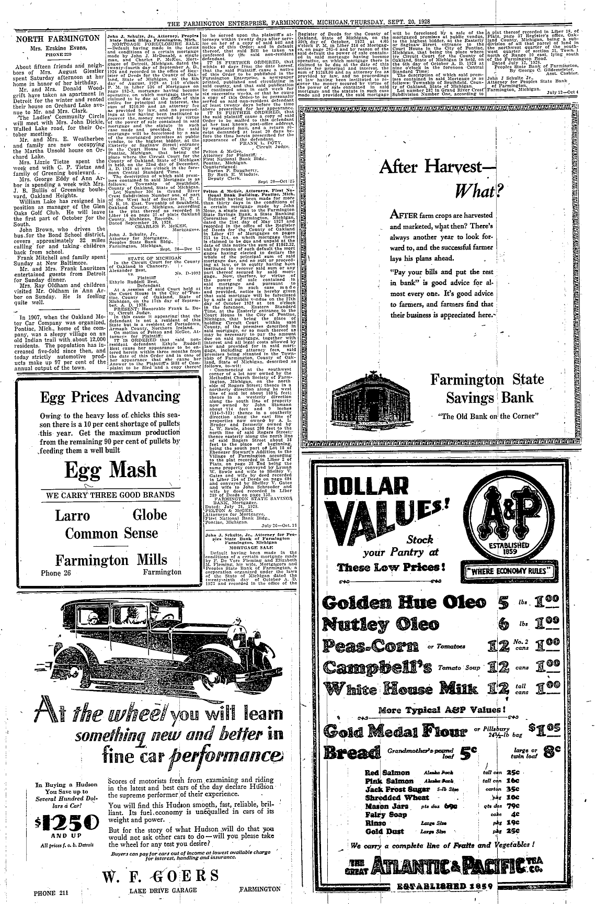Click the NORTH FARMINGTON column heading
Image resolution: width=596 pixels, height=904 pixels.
[x=58, y=39]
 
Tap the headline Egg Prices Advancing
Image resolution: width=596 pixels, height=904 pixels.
[x=110, y=397]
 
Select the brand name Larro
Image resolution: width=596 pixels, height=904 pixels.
[x=73, y=515]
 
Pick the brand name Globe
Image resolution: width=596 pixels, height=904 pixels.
[x=150, y=515]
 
